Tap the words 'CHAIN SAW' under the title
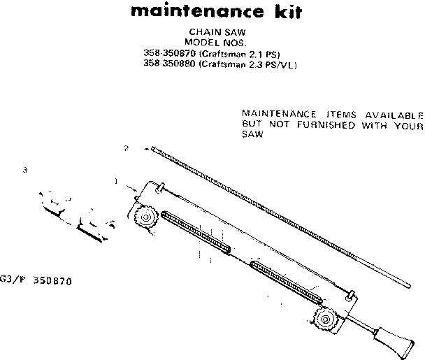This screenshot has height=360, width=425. (x=211, y=32)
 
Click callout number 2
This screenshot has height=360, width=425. (x=125, y=148)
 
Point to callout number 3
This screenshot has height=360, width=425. (x=25, y=169)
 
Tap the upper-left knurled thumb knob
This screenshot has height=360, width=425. (x=145, y=218)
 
